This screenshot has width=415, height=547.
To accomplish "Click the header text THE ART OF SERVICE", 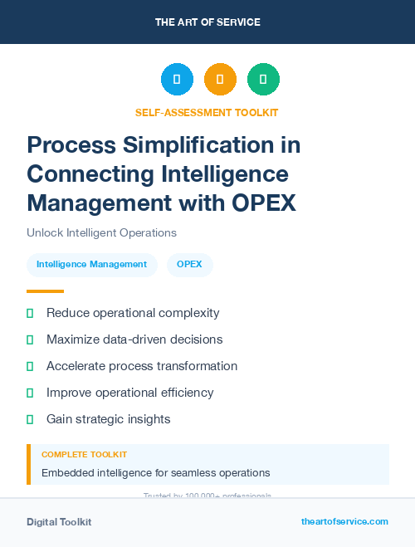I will tap(207, 22).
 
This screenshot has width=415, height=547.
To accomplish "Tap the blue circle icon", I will tap(177, 79).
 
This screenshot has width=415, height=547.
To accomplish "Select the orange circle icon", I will tap(220, 79).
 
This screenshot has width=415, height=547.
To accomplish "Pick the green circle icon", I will tap(263, 79).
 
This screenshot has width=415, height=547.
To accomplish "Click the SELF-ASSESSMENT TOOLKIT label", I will tap(207, 112).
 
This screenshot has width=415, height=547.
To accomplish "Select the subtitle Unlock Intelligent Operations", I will tap(101, 232).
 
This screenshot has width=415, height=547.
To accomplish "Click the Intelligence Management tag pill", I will tap(91, 265).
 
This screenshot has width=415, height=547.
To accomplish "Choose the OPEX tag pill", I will tap(190, 265).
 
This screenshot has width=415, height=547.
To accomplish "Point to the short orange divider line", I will tap(45, 291).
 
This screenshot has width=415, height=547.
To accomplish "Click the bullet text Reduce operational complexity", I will tap(133, 313).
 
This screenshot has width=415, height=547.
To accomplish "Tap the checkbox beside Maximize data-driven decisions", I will tap(30, 339).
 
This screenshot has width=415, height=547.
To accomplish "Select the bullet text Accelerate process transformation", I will tap(142, 366).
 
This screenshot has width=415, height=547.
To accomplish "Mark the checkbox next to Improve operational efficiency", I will tap(30, 393).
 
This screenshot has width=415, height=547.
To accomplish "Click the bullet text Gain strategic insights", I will tap(109, 419).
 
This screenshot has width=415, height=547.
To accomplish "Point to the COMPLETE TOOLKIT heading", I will tap(84, 455).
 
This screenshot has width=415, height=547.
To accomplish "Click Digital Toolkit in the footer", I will tap(59, 522).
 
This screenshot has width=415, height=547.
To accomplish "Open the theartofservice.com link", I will tap(344, 521).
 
